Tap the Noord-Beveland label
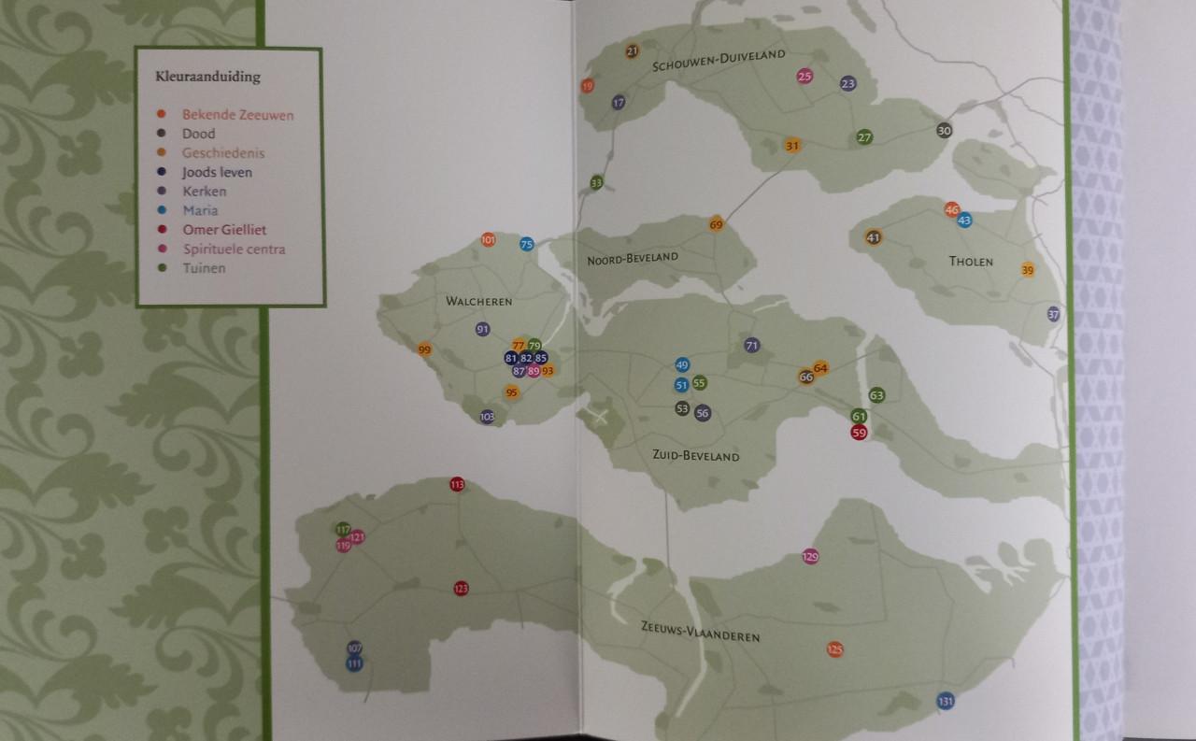point(633,258)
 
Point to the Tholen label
point(972,262)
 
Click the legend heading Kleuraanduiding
point(207,77)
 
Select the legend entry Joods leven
point(217,173)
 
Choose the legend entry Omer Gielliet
point(224,230)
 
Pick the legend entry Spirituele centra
point(234,249)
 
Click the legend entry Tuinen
point(204,269)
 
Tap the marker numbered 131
point(946,702)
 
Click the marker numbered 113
point(457,485)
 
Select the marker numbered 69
point(717,224)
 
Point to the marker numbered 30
point(944,131)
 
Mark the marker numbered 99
point(425,350)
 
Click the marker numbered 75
point(527,245)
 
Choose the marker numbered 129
point(810,557)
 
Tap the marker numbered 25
point(804,77)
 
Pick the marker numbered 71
point(752,346)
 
